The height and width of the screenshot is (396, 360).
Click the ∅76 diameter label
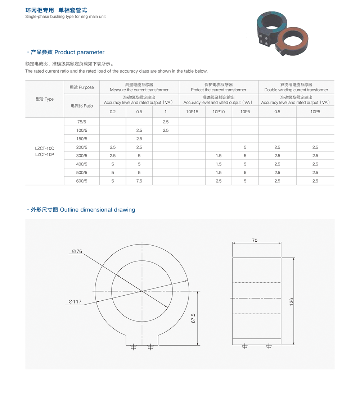point(77,252)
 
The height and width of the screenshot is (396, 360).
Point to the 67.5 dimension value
point(193,318)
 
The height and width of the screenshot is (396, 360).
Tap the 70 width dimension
point(255,240)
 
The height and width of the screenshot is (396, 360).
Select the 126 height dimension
point(292,301)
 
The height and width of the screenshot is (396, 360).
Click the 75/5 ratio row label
point(82,122)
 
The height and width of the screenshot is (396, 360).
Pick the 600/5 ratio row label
point(82,181)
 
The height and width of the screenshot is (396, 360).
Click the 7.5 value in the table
point(139,181)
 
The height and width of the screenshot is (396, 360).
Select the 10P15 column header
point(192,112)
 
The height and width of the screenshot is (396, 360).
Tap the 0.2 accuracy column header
point(113,112)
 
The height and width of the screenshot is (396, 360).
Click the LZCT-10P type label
point(45,154)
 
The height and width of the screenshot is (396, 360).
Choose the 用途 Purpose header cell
point(82,87)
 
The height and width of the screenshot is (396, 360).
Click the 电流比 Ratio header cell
point(82,106)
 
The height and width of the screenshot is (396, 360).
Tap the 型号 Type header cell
point(45,99)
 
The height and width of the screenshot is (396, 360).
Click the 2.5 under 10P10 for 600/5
point(219,181)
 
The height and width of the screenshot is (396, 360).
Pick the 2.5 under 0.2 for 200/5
point(113,147)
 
